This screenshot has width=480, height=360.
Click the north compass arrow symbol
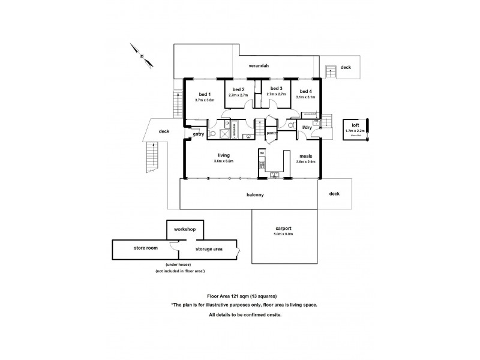(x=142, y=56)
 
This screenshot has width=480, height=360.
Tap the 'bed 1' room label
(x=205, y=94)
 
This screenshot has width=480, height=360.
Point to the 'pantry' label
(x=272, y=133)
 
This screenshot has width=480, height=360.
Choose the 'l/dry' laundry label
(x=307, y=127)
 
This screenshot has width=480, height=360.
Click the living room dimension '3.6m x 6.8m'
(x=223, y=161)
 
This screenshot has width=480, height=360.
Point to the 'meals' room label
(x=306, y=155)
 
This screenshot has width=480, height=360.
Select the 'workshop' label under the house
(x=185, y=230)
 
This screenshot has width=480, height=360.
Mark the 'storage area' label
(x=209, y=248)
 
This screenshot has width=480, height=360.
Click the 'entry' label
(x=199, y=134)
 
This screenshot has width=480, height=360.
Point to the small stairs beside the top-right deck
(x=330, y=71)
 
